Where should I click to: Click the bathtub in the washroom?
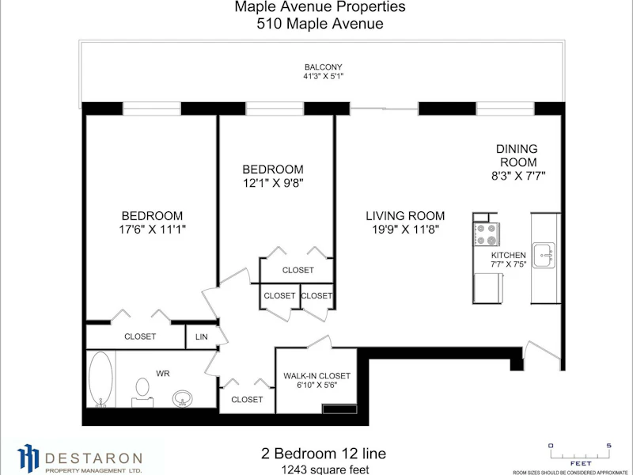click(x=100, y=379)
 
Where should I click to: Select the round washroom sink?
click(x=183, y=398)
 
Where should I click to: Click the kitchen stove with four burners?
click(x=487, y=234)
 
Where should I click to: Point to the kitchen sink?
click(x=544, y=255)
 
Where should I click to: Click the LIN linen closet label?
click(x=202, y=336)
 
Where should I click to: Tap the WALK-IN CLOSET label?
click(x=317, y=376)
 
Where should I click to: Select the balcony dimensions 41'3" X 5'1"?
click(x=324, y=76)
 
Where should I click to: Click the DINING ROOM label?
click(x=517, y=155)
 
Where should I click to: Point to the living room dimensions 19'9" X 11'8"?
click(x=405, y=230)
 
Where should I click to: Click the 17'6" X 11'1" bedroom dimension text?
click(x=152, y=230)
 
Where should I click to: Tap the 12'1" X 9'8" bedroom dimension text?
click(x=273, y=184)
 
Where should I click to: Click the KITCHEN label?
click(x=508, y=255)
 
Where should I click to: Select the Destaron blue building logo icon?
click(x=28, y=458)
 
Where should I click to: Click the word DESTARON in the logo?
click(x=93, y=458)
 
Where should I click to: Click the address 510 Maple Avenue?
click(x=320, y=24)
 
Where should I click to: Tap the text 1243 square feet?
click(x=325, y=469)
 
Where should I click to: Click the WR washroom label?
click(x=163, y=374)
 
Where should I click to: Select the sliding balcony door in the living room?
click(x=384, y=108)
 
